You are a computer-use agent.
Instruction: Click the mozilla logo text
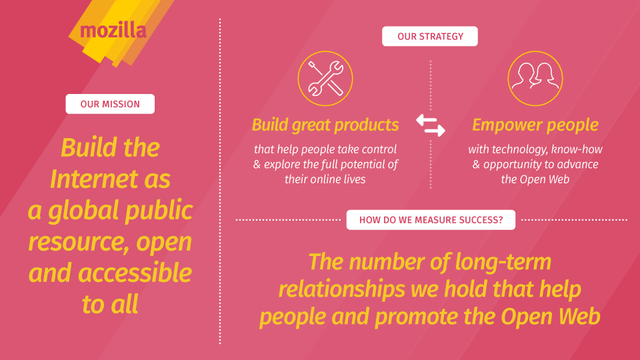click(113, 31)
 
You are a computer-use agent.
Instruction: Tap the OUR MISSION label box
click(110, 104)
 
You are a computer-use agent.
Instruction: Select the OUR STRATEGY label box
click(430, 36)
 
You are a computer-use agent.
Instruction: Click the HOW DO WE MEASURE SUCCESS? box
click(431, 220)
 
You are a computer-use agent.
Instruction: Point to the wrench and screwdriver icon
click(325, 79)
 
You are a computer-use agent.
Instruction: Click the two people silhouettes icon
click(535, 79)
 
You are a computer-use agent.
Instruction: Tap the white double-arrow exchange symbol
click(431, 125)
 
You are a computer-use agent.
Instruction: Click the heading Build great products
click(325, 125)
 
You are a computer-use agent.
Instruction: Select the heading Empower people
click(535, 125)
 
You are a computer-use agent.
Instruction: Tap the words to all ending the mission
click(110, 304)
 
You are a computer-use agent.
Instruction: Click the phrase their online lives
click(325, 179)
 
